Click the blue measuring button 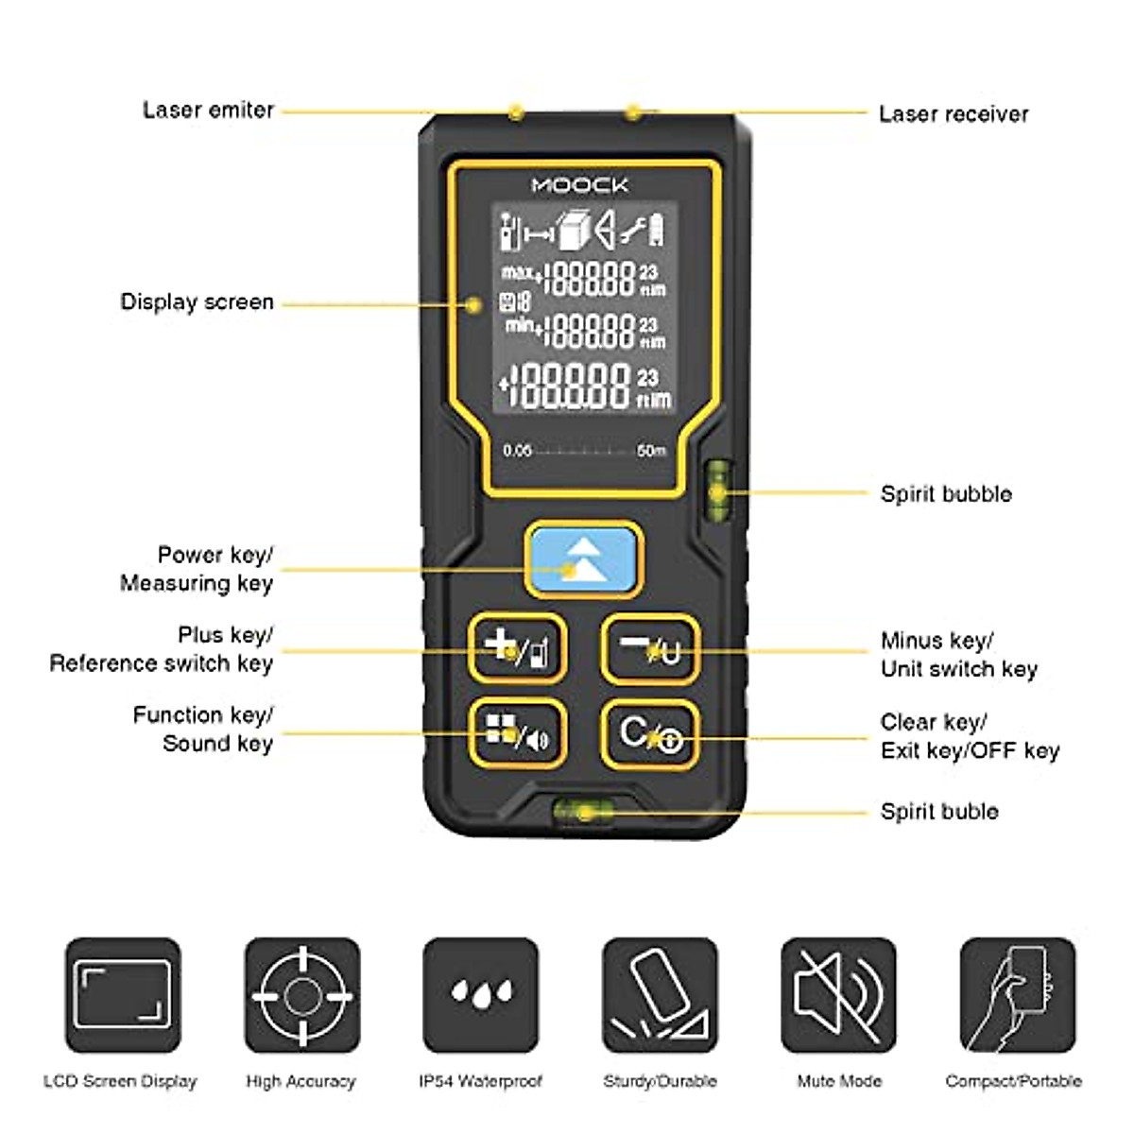(x=583, y=559)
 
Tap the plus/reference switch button (x=517, y=648)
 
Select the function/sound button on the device (x=517, y=733)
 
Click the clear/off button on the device (x=650, y=734)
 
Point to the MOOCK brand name (x=580, y=185)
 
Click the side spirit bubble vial (x=718, y=491)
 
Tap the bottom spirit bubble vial (x=583, y=812)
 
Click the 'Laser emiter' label (x=208, y=110)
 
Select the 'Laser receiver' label (x=954, y=113)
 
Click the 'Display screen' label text (x=198, y=301)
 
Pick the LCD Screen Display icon (x=123, y=995)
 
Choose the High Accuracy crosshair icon (x=302, y=995)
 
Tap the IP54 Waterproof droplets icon (x=481, y=995)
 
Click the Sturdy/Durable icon (x=660, y=995)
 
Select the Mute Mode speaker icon (x=838, y=995)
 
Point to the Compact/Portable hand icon (x=1018, y=995)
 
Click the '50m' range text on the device (x=651, y=451)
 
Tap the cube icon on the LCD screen (x=574, y=230)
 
